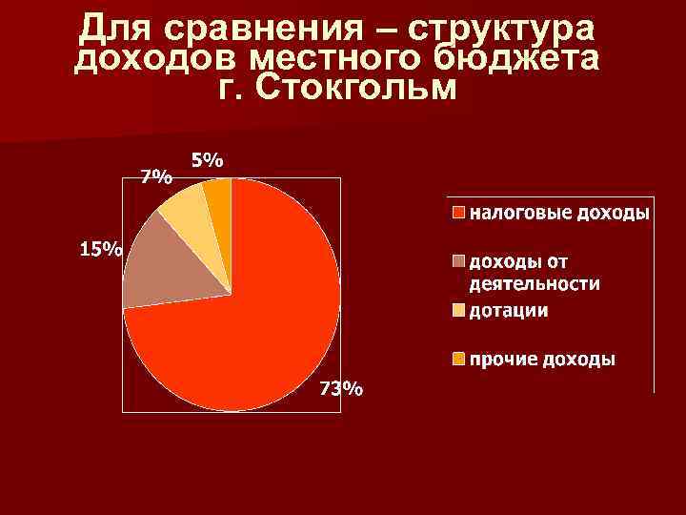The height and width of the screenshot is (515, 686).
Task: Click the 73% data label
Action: click(x=340, y=389)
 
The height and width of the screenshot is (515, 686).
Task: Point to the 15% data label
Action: click(x=100, y=250)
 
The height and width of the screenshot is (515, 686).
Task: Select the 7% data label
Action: click(x=156, y=176)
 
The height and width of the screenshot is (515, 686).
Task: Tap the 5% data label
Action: click(x=208, y=161)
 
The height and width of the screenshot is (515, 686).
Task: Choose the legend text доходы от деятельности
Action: click(x=535, y=272)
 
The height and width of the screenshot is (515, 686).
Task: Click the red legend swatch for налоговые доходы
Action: click(x=458, y=212)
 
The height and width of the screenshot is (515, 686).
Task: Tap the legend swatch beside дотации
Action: click(x=458, y=311)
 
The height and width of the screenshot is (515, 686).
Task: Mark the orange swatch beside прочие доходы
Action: click(x=458, y=360)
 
